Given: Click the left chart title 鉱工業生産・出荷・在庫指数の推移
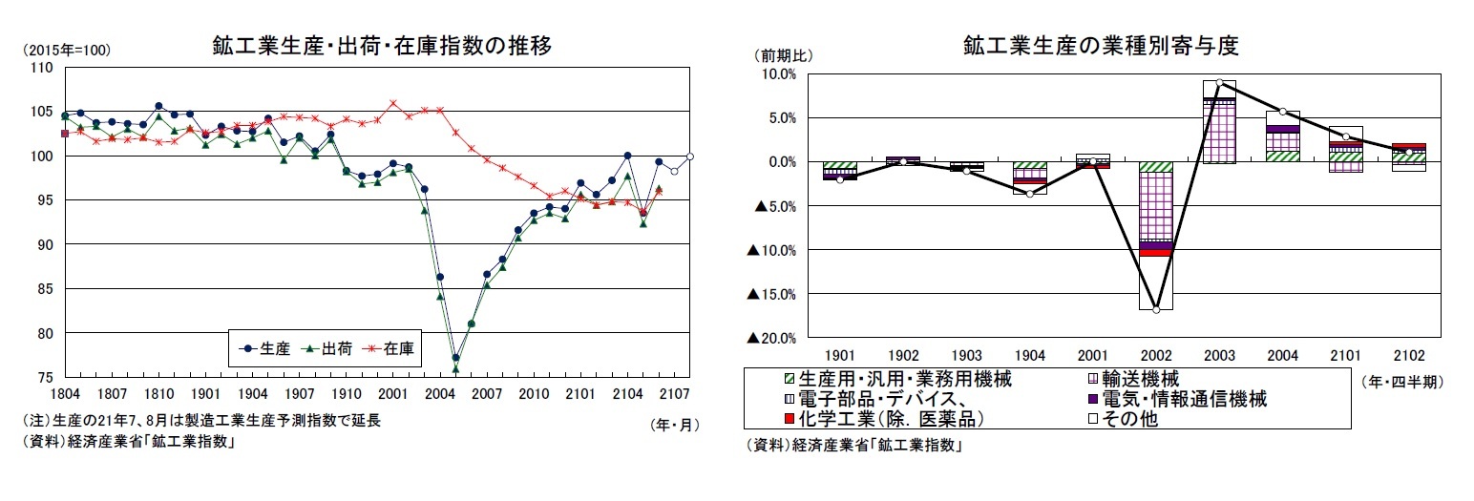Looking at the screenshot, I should pyautogui.click(x=381, y=46).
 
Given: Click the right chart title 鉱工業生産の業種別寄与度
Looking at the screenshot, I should pyautogui.click(x=1100, y=46).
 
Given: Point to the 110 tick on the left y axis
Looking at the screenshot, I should pyautogui.click(x=41, y=68).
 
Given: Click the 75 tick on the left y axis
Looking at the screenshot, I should pyautogui.click(x=44, y=378).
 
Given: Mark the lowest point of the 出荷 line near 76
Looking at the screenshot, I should pyautogui.click(x=455, y=368).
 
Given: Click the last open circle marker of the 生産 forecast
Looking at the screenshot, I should pyautogui.click(x=689, y=157).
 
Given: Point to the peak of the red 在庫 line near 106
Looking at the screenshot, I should pyautogui.click(x=393, y=103).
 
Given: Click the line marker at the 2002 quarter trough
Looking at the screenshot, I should pyautogui.click(x=1156, y=310).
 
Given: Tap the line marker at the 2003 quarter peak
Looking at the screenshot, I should pyautogui.click(x=1219, y=83).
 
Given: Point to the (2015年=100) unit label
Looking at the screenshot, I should pyautogui.click(x=67, y=50).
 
